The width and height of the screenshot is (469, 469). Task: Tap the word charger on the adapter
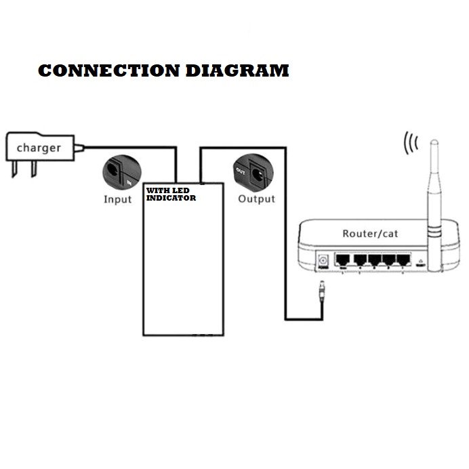click(x=39, y=147)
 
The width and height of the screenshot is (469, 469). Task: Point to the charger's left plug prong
click(x=13, y=169)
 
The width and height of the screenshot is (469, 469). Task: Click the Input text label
click(x=118, y=199)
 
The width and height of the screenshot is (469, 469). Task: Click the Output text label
click(x=257, y=199)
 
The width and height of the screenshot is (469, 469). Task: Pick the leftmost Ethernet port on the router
click(x=344, y=260)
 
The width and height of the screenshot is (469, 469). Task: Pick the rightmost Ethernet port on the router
click(x=404, y=260)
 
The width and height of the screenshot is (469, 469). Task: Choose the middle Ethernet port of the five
click(x=374, y=260)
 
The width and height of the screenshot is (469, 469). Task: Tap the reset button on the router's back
click(x=421, y=262)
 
